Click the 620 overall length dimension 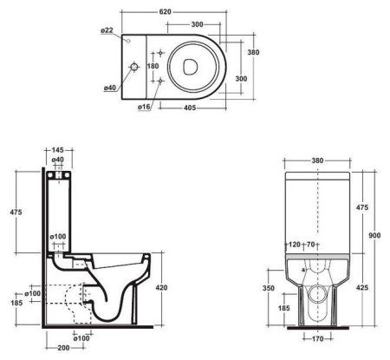(x=183, y=6)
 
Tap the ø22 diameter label (x=107, y=30)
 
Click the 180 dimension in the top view (x=153, y=67)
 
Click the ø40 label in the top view (x=110, y=87)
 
